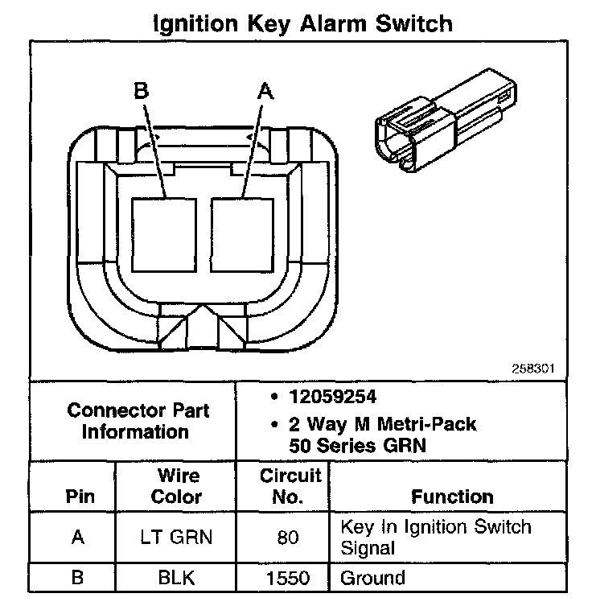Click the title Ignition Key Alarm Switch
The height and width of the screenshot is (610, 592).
tap(302, 23)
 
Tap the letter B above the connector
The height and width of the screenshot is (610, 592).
tap(142, 92)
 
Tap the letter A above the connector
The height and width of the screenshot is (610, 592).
tap(264, 92)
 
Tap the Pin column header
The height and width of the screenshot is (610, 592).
tap(79, 497)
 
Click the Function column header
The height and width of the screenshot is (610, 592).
tap(452, 497)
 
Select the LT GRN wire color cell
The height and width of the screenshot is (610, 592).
tap(176, 537)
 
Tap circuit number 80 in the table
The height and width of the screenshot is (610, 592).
tap(288, 537)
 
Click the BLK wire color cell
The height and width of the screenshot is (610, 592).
tap(176, 578)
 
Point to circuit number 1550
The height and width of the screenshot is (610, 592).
tap(289, 578)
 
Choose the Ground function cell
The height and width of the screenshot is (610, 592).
tap(372, 578)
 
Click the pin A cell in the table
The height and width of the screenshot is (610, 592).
tap(78, 537)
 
